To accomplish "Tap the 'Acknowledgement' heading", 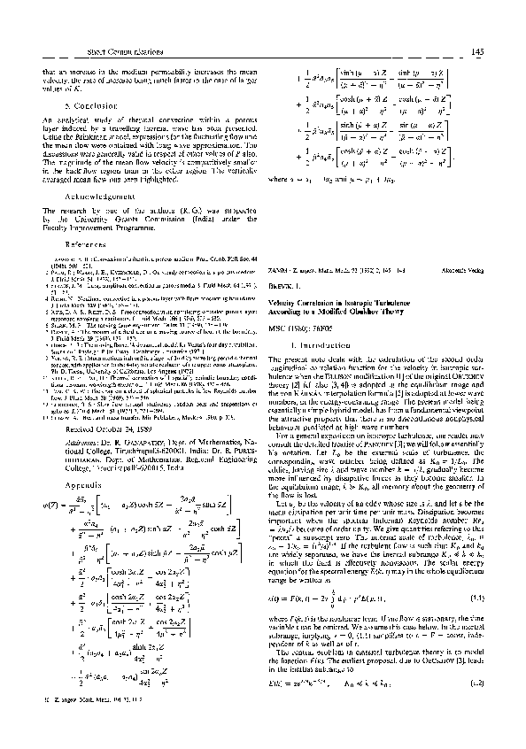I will click(90, 199).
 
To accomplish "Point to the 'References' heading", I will click(70, 243).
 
